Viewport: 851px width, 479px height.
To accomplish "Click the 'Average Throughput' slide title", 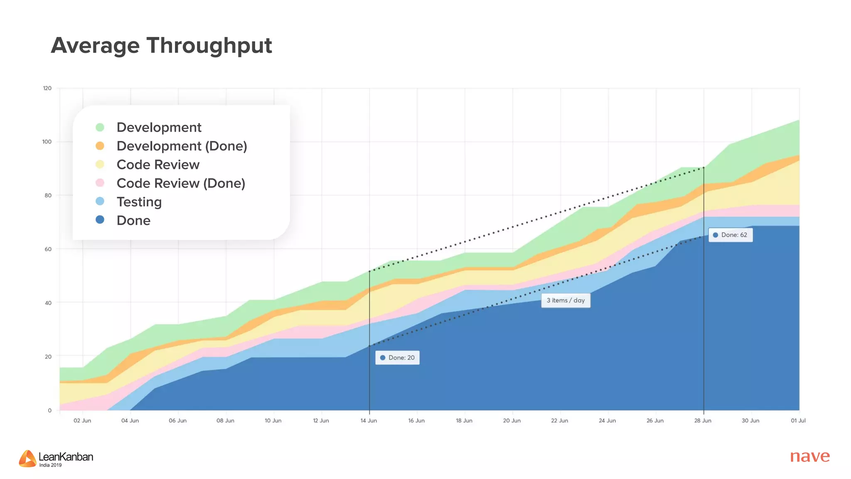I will (161, 46).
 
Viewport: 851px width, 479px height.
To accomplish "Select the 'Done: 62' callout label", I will (730, 235).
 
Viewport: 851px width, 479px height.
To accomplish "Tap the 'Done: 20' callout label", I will (398, 358).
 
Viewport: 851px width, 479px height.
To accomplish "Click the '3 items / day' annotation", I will (566, 300).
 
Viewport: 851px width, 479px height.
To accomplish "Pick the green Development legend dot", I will (100, 127).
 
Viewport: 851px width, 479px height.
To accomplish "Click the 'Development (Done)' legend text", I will (182, 146).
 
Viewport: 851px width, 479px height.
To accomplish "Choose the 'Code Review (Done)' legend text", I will (181, 183).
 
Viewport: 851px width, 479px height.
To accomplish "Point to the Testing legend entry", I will (139, 202).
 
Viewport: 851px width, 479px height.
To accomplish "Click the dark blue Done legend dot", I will (100, 220).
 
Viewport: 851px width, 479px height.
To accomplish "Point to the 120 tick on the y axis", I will (47, 88).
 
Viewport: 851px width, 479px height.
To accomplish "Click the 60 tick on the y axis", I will (48, 249).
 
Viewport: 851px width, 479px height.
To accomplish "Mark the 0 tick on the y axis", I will (50, 410).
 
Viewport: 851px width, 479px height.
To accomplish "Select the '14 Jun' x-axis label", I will (369, 421).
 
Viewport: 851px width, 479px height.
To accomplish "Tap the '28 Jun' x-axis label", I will (703, 421).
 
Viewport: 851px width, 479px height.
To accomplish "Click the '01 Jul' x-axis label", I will (798, 421).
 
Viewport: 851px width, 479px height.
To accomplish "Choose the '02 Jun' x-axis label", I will (82, 421).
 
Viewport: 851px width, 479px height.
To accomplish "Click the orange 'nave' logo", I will (809, 456).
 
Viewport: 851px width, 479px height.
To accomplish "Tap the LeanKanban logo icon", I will (27, 458).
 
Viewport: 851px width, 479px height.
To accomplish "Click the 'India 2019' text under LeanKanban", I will (50, 465).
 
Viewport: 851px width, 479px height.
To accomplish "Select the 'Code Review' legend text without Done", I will (158, 165).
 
